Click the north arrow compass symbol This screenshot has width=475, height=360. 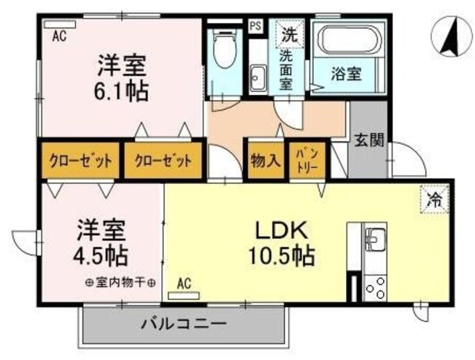451,38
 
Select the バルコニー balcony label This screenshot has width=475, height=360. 183,324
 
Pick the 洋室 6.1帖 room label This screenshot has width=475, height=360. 121,78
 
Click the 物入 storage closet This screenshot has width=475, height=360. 265,160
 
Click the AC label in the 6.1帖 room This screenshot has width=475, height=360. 59,36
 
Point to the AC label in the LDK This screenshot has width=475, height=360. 185,284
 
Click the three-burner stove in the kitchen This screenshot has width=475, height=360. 375,287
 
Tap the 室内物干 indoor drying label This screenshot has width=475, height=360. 119,283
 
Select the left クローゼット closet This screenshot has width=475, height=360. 80,160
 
